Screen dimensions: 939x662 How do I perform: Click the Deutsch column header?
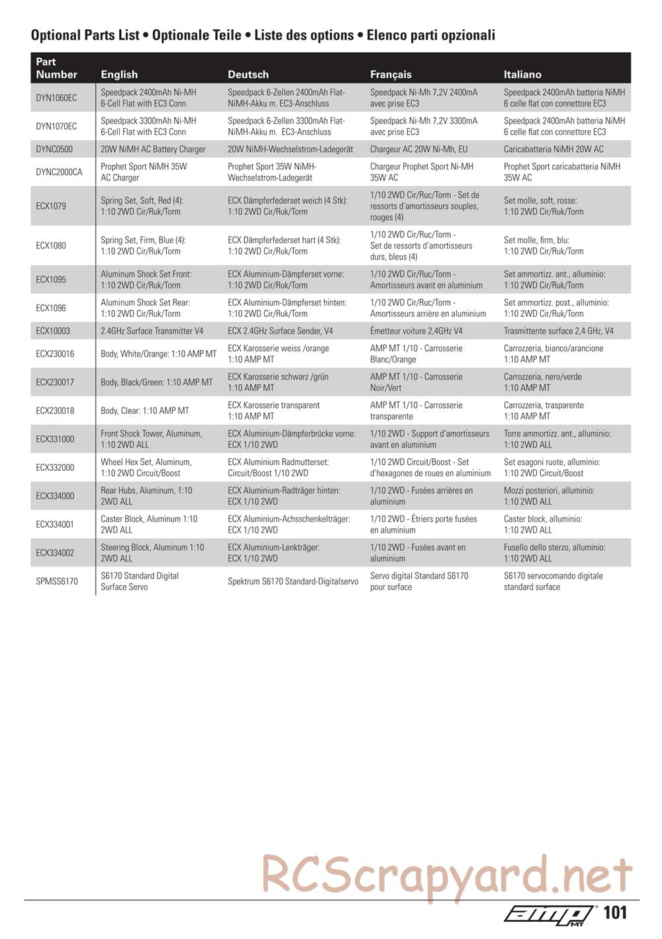point(248,75)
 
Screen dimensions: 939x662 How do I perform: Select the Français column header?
point(391,75)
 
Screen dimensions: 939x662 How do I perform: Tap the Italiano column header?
point(522,75)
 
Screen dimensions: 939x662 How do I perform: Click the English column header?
point(119,75)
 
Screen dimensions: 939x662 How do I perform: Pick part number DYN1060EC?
point(56,98)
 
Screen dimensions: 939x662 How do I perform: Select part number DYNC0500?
point(54,149)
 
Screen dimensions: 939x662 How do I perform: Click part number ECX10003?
point(53,331)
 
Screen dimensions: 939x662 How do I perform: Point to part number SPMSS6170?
point(57,582)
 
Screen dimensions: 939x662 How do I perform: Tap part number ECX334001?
point(55,525)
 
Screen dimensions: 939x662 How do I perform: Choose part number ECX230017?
point(55,382)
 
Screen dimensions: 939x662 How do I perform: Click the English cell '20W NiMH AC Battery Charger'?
point(153,149)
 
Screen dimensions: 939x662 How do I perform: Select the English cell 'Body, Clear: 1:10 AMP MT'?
point(145,411)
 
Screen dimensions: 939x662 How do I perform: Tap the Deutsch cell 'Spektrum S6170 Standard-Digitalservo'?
point(293,582)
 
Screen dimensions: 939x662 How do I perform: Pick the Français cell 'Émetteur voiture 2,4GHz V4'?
point(416,331)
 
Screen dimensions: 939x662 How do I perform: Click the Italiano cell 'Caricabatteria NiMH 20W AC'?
point(553,149)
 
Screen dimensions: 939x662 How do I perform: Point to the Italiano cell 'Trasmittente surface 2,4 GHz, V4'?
point(559,331)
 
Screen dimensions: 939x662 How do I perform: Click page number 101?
point(615,913)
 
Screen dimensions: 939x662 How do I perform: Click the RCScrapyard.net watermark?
point(447,874)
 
